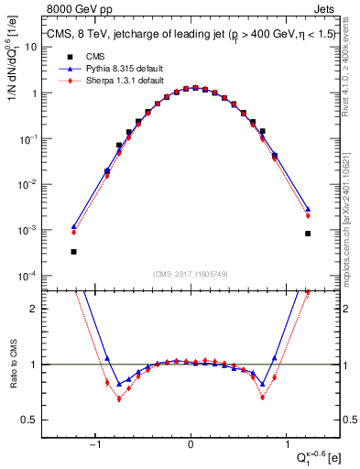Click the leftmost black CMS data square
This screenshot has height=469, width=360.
[73, 251]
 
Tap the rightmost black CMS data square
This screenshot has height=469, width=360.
[308, 234]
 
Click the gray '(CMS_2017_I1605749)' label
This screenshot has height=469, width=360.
[190, 275]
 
